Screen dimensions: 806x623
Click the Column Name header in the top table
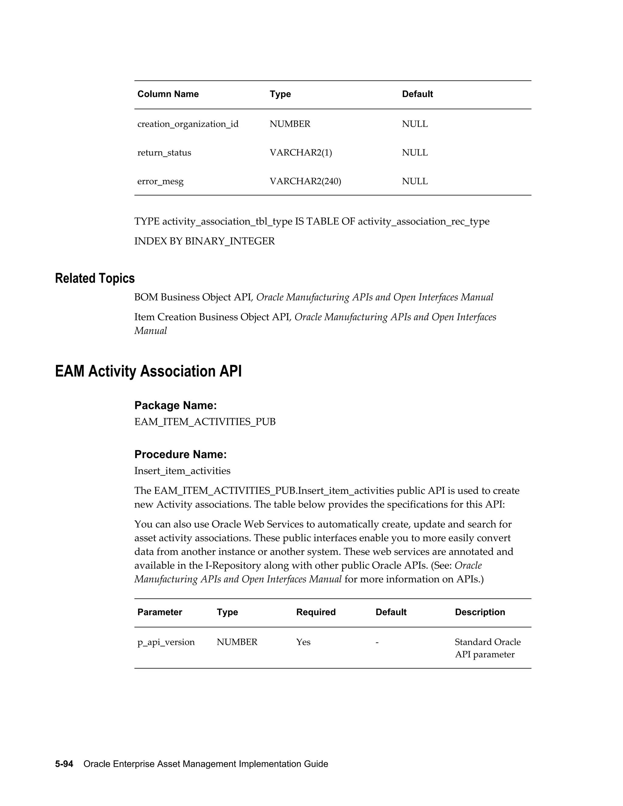click(168, 94)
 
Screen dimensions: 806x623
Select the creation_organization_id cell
click(188, 124)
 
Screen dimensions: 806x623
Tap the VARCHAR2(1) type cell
click(301, 153)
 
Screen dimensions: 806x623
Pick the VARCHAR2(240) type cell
click(305, 181)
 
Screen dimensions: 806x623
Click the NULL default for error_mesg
click(415, 181)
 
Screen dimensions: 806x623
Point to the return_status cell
click(164, 153)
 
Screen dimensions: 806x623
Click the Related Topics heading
click(95, 278)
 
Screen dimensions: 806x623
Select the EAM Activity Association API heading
click(148, 371)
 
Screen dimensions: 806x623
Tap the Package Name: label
click(175, 405)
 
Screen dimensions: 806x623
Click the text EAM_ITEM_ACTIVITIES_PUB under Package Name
click(205, 422)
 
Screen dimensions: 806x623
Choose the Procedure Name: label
click(180, 454)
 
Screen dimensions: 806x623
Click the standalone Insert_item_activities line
click(182, 471)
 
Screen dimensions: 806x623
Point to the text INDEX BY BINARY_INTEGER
click(204, 241)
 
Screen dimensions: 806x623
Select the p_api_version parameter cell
click(166, 642)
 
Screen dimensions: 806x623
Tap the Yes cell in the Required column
click(303, 642)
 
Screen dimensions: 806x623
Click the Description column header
click(480, 612)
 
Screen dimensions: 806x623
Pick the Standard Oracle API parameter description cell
click(487, 648)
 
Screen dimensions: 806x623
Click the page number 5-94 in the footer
click(64, 764)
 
